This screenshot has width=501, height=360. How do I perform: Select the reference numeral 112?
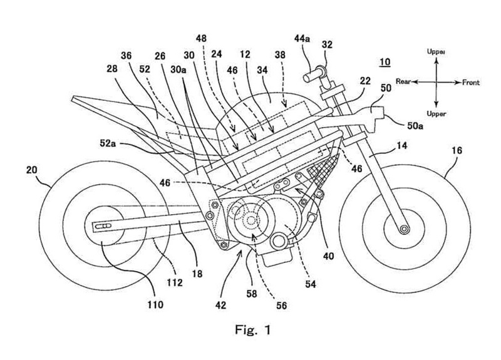point(175,282)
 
